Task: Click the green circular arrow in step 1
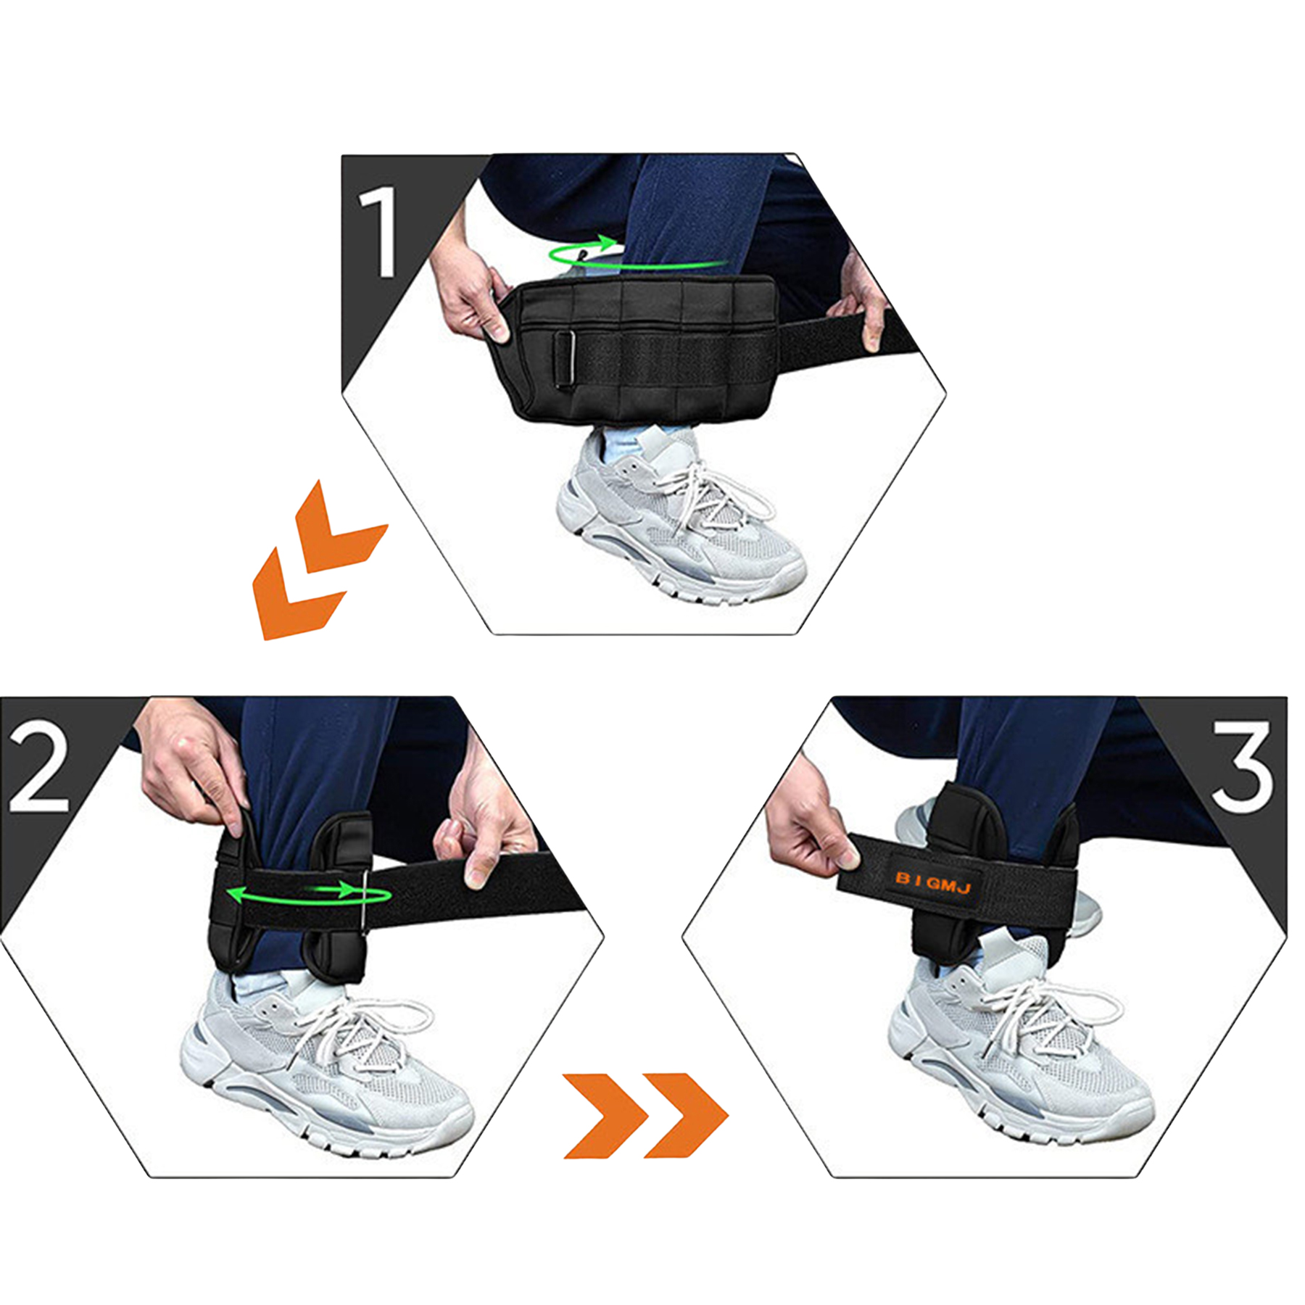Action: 587,254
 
